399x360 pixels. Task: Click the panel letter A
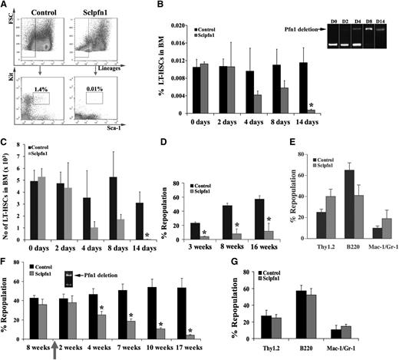coord(5,6)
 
